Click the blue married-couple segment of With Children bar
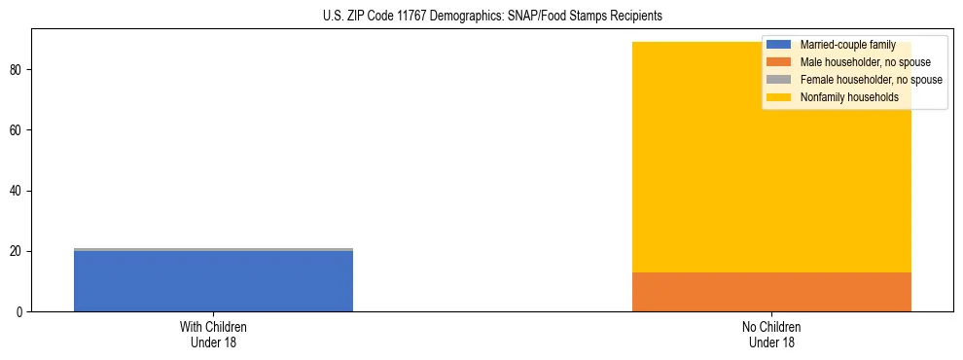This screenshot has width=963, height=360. pyautogui.click(x=213, y=281)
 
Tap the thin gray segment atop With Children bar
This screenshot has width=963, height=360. pyautogui.click(x=213, y=249)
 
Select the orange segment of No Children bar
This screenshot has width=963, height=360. pyautogui.click(x=771, y=292)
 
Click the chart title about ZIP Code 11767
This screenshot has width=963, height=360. pyautogui.click(x=491, y=16)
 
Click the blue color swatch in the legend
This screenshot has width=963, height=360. pyautogui.click(x=778, y=45)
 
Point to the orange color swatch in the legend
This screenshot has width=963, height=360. pyautogui.click(x=778, y=62)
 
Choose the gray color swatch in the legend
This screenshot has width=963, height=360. pyautogui.click(x=778, y=80)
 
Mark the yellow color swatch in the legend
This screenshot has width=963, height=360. pyautogui.click(x=778, y=97)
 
